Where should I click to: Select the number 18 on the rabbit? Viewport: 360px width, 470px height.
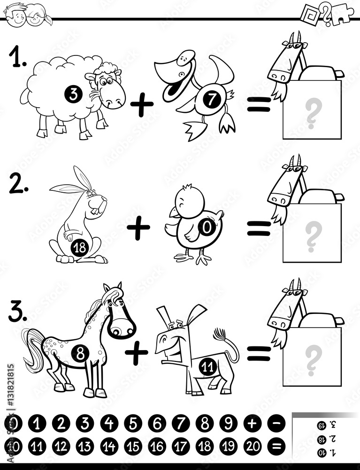(80, 247)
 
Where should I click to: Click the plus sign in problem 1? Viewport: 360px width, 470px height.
(142, 106)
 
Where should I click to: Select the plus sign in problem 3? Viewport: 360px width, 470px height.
(137, 354)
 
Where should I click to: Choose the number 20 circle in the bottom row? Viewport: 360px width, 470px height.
(253, 446)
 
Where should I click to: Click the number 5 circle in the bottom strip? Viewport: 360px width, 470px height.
(133, 424)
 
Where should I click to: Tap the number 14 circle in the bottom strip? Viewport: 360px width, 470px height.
(109, 446)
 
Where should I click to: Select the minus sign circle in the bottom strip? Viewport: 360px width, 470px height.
(276, 424)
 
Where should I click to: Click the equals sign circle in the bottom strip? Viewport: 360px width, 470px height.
(276, 446)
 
